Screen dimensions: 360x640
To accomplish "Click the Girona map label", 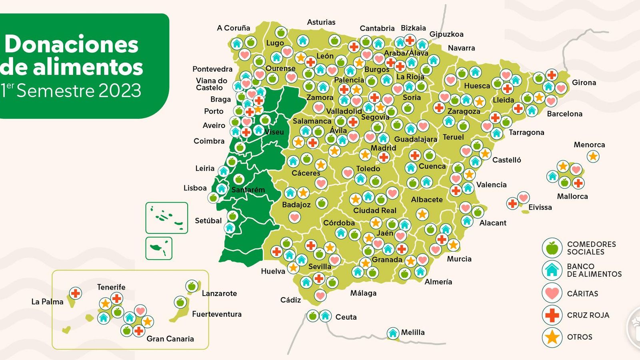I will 584,83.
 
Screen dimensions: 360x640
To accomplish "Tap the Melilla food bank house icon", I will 393,333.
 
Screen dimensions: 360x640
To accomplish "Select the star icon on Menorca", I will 593,156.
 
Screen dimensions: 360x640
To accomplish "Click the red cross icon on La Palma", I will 75,293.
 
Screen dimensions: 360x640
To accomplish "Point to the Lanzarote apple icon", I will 192,286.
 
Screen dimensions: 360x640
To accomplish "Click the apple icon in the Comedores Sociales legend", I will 552,248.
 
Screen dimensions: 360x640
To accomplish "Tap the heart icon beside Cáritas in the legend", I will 552,293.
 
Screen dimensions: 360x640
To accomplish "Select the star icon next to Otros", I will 552,337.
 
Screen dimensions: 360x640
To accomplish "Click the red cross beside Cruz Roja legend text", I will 552,315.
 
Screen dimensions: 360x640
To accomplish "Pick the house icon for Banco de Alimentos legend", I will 552,270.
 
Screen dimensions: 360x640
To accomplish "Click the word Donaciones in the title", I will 71,44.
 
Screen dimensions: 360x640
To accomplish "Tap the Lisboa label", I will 195,188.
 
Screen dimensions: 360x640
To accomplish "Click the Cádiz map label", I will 290,300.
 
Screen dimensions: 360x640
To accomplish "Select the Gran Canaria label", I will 170,339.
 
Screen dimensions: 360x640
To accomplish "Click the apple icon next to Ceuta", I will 313,316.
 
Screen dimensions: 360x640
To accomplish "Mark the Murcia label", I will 459,259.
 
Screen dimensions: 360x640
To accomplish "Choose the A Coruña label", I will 233,28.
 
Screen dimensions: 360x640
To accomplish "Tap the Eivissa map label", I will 540,207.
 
